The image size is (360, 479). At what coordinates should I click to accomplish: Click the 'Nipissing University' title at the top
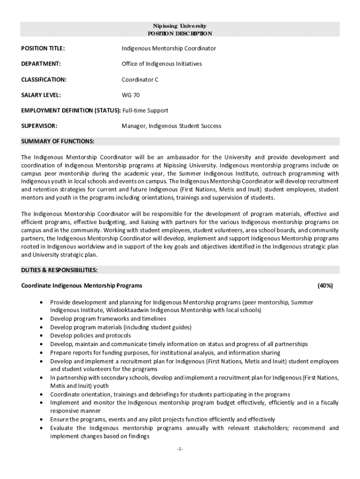[180, 26]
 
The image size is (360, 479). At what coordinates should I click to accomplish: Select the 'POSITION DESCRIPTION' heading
[180, 34]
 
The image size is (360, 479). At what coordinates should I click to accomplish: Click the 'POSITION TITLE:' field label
[43, 49]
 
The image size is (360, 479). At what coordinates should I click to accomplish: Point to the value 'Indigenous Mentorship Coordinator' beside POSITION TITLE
[169, 49]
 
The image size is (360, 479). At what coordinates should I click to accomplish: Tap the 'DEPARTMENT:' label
[41, 64]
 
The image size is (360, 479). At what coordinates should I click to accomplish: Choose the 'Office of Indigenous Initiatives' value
[162, 64]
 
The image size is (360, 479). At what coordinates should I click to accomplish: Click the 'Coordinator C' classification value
[140, 80]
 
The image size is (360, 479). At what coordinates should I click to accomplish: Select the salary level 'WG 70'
[130, 95]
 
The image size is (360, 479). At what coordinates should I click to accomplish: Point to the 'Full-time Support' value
[145, 111]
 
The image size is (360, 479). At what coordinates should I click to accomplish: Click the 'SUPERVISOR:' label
[39, 126]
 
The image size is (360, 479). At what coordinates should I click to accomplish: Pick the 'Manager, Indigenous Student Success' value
[172, 126]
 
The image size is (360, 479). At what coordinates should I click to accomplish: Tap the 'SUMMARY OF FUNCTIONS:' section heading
[58, 141]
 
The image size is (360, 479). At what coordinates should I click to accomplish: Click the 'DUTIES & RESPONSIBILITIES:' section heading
[59, 270]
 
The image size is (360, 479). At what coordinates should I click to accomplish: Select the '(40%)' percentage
[325, 285]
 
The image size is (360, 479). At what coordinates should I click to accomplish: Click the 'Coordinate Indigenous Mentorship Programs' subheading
[82, 285]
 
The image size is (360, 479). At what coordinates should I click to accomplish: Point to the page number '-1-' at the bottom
[180, 450]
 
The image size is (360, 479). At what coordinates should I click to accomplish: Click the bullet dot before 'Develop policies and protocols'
[43, 336]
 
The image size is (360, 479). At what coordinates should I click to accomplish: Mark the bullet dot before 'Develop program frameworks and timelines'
[43, 319]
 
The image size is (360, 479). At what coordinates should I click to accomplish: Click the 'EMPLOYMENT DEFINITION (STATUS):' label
[71, 111]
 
